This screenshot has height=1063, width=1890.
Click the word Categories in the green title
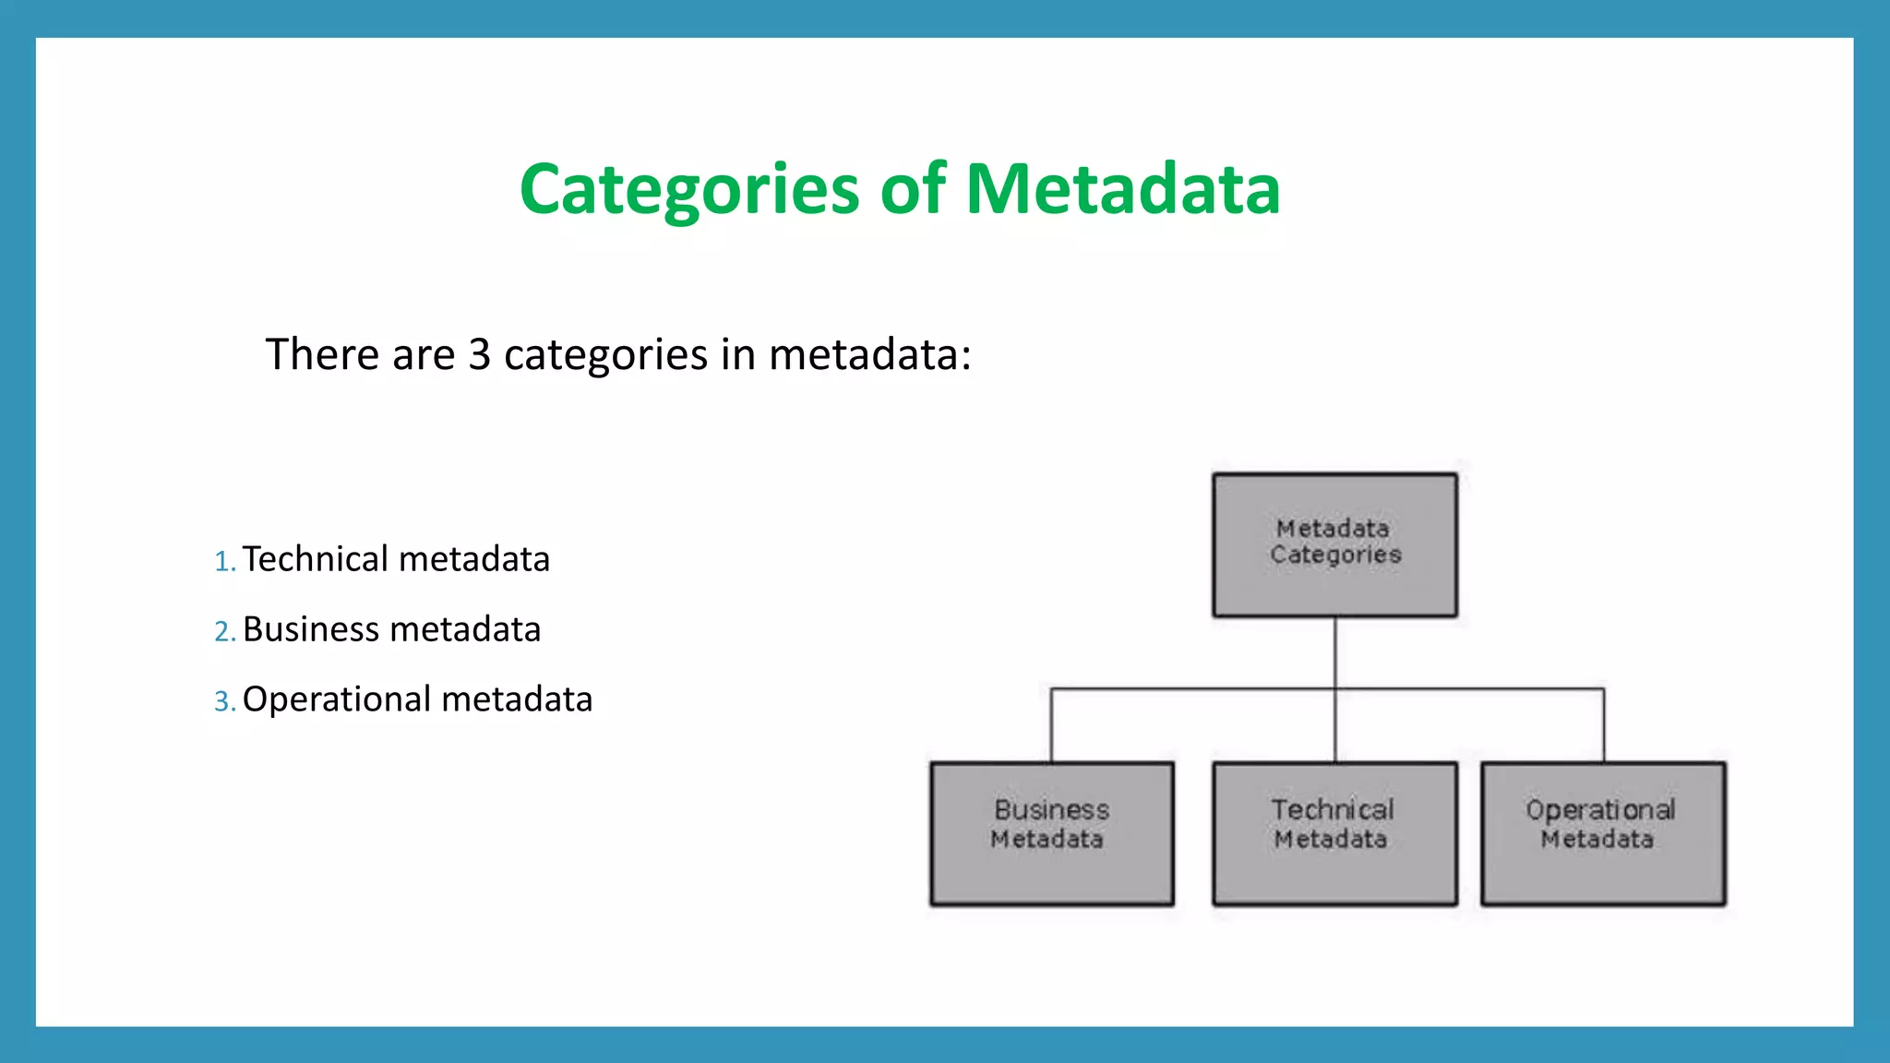(x=689, y=190)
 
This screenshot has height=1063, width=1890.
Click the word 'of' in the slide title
(x=913, y=190)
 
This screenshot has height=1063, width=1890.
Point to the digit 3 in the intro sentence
(x=479, y=355)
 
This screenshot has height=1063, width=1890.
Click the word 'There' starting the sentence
(x=322, y=355)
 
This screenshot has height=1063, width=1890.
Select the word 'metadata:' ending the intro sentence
(x=869, y=355)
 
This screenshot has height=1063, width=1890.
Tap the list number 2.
(x=223, y=631)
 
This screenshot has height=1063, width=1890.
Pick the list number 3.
(x=223, y=701)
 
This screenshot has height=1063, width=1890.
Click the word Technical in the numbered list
(x=316, y=559)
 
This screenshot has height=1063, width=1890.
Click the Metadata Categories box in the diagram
(x=1334, y=544)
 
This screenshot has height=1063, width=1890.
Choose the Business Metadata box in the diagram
(x=1052, y=833)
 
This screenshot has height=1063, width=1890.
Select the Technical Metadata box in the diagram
(x=1334, y=833)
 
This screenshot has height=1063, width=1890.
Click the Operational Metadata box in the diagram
(x=1603, y=833)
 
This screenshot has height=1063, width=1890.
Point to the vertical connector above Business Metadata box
(x=1051, y=725)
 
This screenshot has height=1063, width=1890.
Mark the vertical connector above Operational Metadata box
(x=1603, y=725)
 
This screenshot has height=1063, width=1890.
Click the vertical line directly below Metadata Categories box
(x=1334, y=651)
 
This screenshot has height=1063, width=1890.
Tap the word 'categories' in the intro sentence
(x=605, y=355)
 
